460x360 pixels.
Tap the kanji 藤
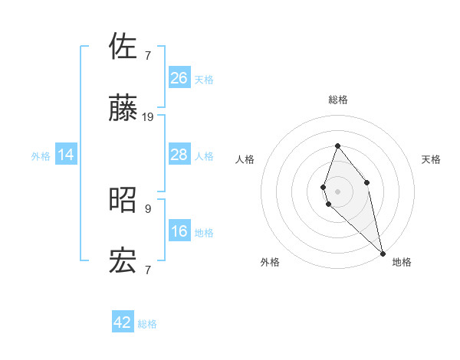pos(123,110)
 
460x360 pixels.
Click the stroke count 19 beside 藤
pos(148,117)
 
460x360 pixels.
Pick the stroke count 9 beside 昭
pos(148,208)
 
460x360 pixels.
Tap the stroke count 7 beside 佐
pos(148,55)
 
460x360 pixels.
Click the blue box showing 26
pos(179,77)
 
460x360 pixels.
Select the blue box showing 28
pos(179,155)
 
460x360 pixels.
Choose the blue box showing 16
pos(179,231)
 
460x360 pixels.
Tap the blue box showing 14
pos(66,155)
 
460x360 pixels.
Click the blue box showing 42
pos(123,322)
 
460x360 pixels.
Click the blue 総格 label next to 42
pos(148,324)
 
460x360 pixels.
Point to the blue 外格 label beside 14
pos(41,156)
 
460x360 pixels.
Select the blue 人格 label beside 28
pos(204,156)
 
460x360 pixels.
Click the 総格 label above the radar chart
pos(338,100)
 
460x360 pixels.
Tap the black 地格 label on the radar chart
pos(402,262)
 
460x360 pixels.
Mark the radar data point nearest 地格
pos(383,253)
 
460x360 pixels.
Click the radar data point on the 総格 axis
pos(337,146)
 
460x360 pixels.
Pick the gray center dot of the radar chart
pos(337,191)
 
